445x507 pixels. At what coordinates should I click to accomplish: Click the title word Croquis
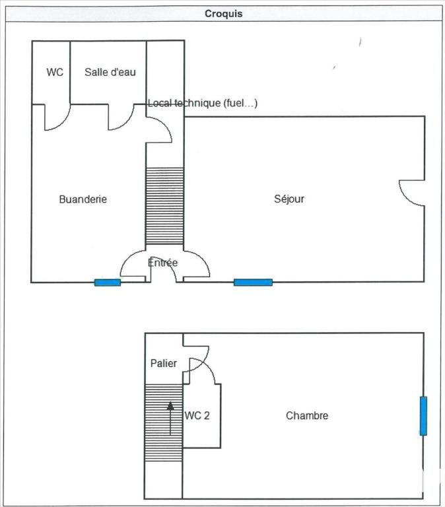pyautogui.click(x=223, y=14)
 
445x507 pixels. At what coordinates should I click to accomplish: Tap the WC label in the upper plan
pyautogui.click(x=55, y=72)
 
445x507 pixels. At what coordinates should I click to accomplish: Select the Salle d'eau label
pyautogui.click(x=110, y=72)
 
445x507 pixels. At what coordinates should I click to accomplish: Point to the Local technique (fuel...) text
pyautogui.click(x=203, y=103)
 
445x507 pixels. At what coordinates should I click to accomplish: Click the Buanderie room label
pyautogui.click(x=83, y=199)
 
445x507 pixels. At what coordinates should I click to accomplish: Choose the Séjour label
pyautogui.click(x=289, y=199)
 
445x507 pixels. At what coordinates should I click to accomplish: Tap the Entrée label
pyautogui.click(x=162, y=262)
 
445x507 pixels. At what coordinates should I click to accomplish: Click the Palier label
pyautogui.click(x=164, y=363)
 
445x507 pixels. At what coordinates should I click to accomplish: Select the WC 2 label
pyautogui.click(x=197, y=415)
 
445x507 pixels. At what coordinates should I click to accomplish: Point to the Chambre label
pyautogui.click(x=307, y=415)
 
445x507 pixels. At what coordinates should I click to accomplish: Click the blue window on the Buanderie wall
pyautogui.click(x=108, y=283)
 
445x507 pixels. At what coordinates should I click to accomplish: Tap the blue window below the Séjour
pyautogui.click(x=253, y=283)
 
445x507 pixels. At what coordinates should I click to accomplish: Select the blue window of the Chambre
pyautogui.click(x=423, y=416)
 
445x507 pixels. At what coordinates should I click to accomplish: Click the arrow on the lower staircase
pyautogui.click(x=170, y=419)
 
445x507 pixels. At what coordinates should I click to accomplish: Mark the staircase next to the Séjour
pyautogui.click(x=164, y=206)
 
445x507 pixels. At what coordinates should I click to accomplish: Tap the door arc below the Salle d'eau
pyautogui.click(x=127, y=122)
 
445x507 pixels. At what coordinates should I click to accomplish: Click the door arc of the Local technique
pyautogui.click(x=165, y=124)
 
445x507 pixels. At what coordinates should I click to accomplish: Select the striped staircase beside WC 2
pyautogui.click(x=164, y=422)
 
